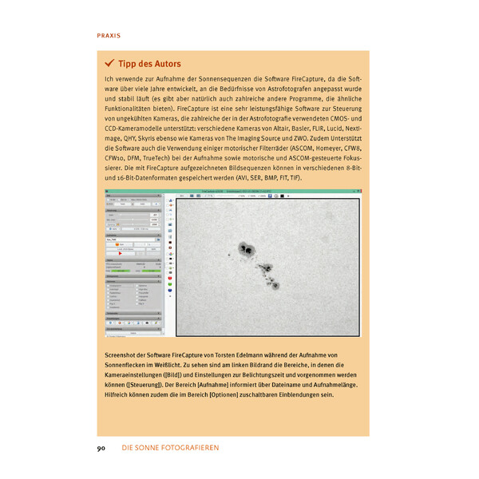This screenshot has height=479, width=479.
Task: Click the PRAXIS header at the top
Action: coord(109,36)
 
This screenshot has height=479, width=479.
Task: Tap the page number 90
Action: coord(101,449)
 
